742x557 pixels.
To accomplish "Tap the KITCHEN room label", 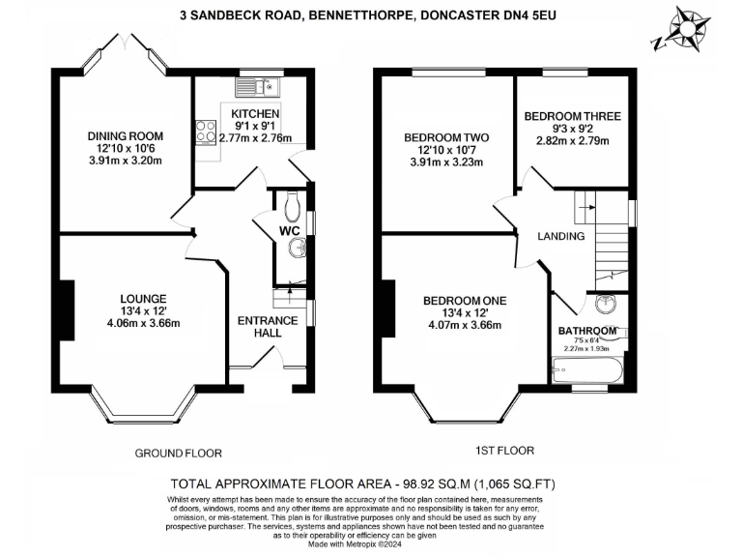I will [255, 113].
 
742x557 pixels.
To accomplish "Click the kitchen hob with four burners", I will [205, 131].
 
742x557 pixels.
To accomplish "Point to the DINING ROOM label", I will [125, 135].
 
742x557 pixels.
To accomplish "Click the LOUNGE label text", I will [144, 298].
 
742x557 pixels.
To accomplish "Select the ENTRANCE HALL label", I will [261, 325].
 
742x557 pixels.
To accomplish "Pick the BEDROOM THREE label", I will [572, 116].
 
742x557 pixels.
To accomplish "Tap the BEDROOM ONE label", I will [465, 301].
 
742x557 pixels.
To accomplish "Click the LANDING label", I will [561, 236].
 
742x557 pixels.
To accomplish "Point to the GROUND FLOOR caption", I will [178, 453].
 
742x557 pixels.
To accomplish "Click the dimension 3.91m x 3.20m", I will [125, 161].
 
